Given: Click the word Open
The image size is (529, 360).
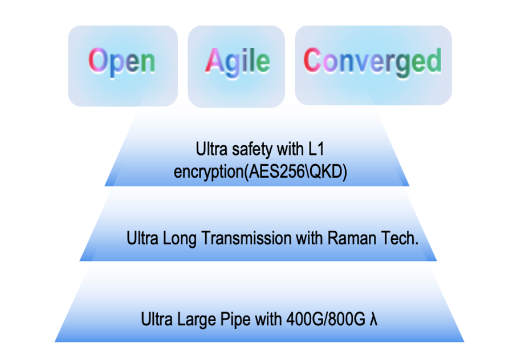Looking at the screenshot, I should (x=122, y=60).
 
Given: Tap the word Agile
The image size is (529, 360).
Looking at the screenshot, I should (x=237, y=60).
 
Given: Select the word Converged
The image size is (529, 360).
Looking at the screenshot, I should (x=372, y=60).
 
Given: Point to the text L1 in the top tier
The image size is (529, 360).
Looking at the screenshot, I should (x=319, y=150).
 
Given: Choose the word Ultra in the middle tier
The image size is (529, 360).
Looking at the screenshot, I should (x=141, y=238).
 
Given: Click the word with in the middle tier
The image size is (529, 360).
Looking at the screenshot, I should (x=310, y=238).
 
